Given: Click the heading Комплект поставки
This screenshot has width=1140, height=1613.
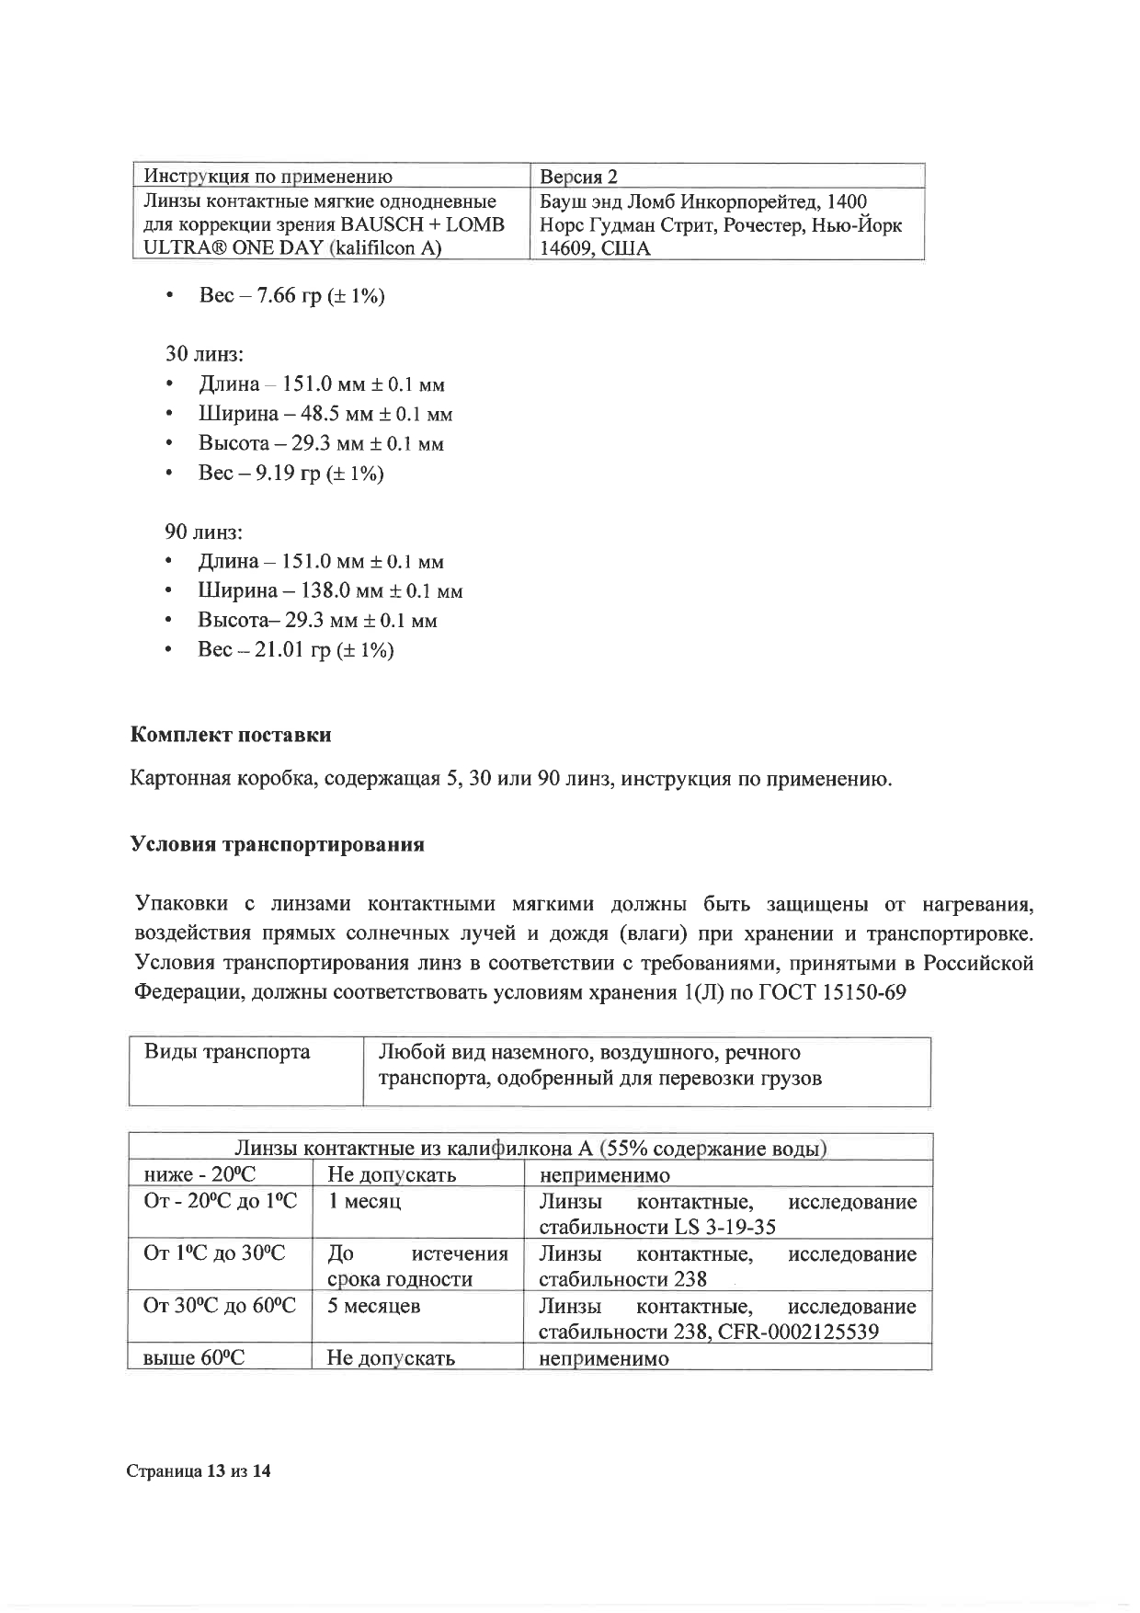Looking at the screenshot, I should [x=231, y=735].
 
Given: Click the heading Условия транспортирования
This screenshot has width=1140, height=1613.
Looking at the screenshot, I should [x=277, y=844].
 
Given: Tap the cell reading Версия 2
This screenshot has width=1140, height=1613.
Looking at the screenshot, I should [x=578, y=177].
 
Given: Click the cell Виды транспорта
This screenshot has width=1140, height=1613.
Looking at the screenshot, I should [x=227, y=1052].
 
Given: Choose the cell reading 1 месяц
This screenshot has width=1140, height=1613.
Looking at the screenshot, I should [x=365, y=1201].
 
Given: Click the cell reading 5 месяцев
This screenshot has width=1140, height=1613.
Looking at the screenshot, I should [x=374, y=1306].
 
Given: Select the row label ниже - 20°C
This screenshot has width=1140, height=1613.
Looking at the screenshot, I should [x=199, y=1175].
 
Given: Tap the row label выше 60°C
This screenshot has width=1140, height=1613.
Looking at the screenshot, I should [x=195, y=1357].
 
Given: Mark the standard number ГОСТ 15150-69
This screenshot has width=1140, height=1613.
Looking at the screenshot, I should [x=832, y=993].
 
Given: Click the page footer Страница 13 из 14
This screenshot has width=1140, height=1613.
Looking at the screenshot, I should [x=199, y=1471].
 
